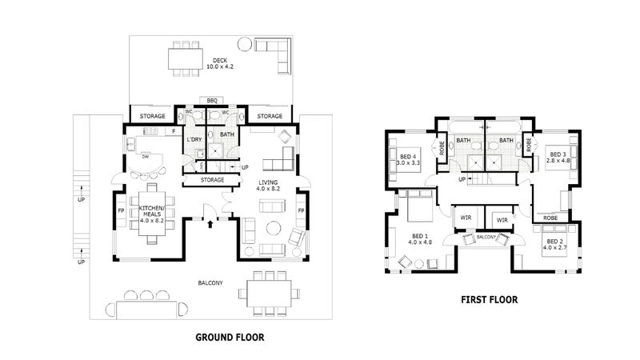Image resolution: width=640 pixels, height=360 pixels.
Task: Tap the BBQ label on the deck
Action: tap(212, 100)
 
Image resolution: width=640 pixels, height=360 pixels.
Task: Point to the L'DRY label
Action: tap(193, 140)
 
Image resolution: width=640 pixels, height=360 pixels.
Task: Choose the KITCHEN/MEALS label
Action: tap(151, 210)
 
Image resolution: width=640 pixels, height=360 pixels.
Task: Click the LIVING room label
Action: tap(268, 186)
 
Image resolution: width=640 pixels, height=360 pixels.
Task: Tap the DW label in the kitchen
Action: tap(146, 157)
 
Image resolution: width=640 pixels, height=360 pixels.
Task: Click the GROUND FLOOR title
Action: tap(230, 338)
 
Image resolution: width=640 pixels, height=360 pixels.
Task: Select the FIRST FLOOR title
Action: tap(488, 300)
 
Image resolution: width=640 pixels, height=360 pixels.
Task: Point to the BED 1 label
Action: tap(421, 239)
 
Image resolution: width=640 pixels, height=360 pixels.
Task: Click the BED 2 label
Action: tap(554, 244)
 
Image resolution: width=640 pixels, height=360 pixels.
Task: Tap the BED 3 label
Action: tap(558, 157)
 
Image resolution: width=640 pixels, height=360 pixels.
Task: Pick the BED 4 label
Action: tap(408, 158)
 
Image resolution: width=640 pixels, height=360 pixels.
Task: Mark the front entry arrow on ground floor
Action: tap(210, 224)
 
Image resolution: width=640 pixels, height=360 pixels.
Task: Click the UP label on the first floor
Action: tap(462, 179)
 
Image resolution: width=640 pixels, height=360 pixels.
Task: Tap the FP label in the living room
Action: tap(301, 211)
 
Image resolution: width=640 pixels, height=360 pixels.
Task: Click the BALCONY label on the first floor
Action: tap(487, 238)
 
